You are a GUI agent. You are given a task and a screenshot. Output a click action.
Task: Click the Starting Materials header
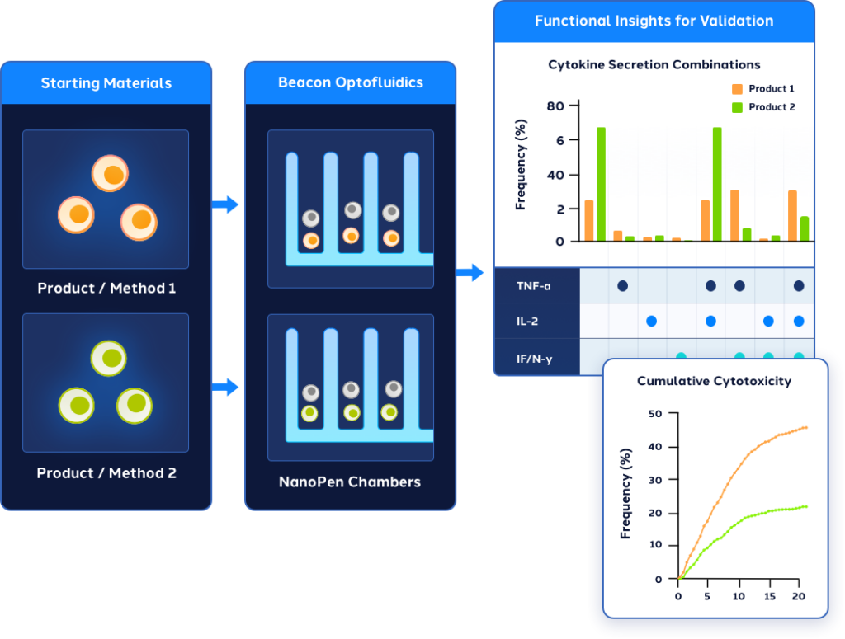point(106,83)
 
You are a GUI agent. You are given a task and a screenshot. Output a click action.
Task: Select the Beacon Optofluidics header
point(350,82)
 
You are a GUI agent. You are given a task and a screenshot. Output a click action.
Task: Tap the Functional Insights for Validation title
point(654,21)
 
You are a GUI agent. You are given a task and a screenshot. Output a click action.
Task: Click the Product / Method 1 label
point(106,289)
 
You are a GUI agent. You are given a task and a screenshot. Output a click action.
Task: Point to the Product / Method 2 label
point(106,473)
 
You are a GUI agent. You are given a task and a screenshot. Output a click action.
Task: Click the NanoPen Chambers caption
point(350,482)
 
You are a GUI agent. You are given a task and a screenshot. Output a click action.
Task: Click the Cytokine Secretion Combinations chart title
point(654,64)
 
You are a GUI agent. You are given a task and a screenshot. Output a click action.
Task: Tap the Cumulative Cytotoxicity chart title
point(714,381)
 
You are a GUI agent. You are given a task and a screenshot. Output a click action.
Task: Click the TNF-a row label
point(533,286)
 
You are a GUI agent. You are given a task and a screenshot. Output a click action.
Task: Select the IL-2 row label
point(527,321)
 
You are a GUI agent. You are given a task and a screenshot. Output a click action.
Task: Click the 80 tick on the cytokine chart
point(555,106)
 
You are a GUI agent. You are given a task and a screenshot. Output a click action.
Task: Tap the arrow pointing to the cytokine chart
point(470,273)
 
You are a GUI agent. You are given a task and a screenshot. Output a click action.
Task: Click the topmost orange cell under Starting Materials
point(110,174)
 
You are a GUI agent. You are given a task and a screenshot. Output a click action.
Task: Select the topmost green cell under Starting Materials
point(108,359)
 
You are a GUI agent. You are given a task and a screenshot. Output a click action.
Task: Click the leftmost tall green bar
point(601,184)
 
